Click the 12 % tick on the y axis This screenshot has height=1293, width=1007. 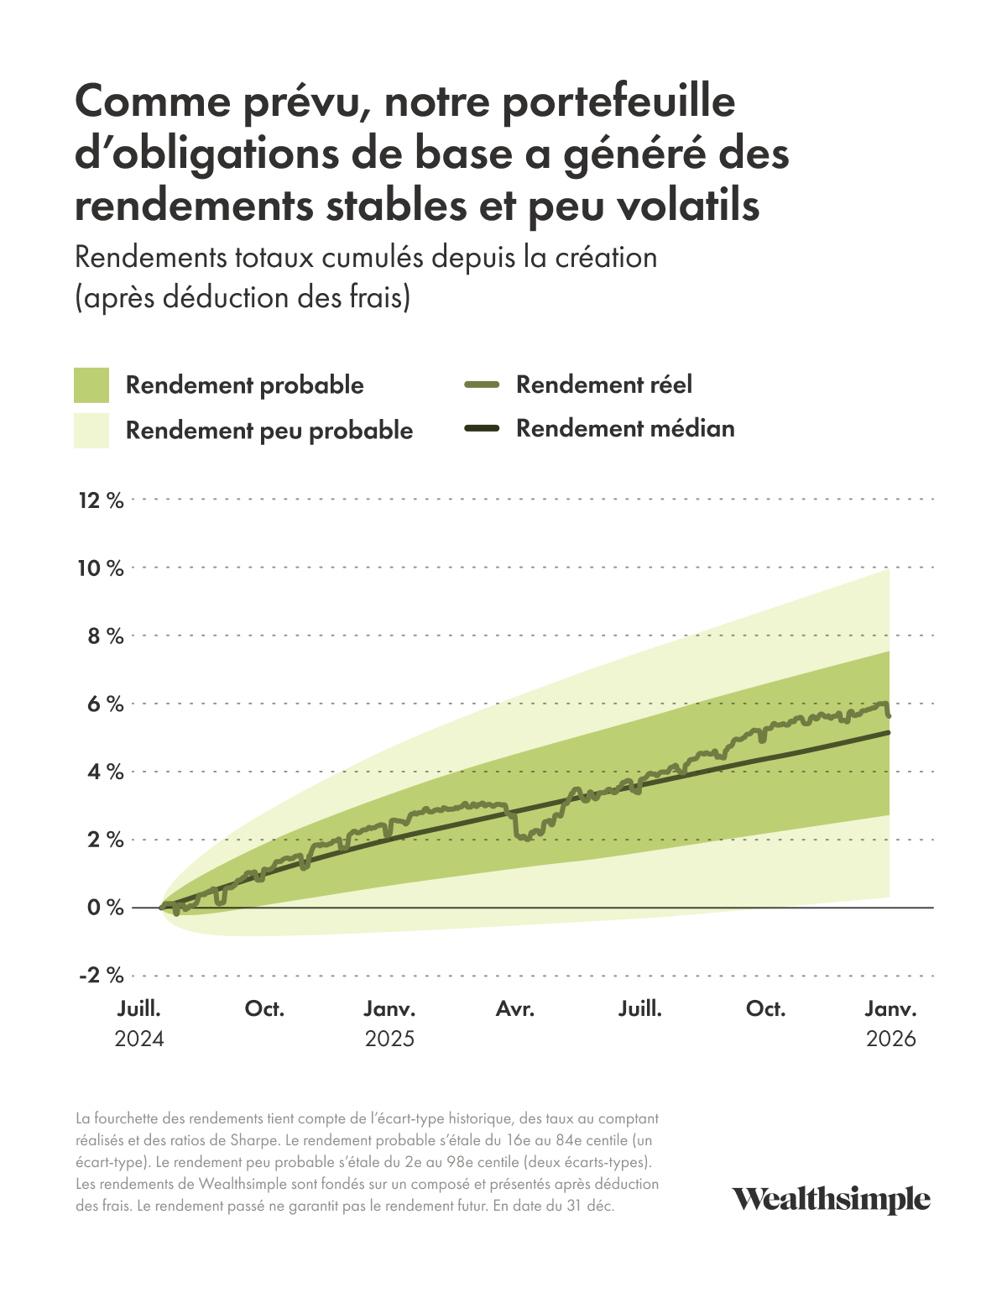[101, 500]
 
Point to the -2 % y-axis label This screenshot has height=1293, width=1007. [101, 976]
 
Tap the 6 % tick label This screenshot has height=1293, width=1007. [105, 704]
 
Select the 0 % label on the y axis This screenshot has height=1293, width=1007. [105, 908]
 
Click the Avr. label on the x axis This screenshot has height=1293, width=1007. [514, 1009]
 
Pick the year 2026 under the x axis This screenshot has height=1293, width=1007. [890, 1039]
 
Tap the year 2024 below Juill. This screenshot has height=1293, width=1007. [139, 1039]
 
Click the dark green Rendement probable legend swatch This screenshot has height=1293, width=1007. [91, 385]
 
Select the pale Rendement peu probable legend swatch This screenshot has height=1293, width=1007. [91, 430]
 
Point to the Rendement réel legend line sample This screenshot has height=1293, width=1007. [482, 385]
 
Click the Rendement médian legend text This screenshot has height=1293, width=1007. [625, 428]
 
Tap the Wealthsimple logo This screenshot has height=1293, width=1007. [831, 1200]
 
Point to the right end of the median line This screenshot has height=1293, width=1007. [890, 732]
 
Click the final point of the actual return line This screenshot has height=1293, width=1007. [889, 716]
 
